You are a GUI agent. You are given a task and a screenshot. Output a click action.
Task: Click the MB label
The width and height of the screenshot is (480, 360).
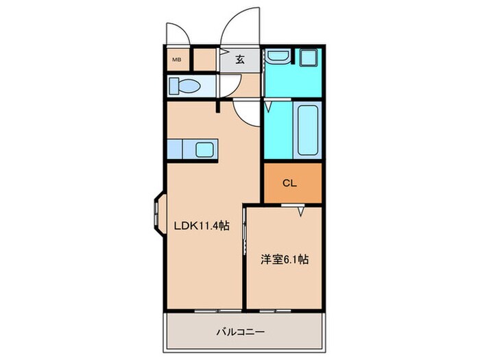(176, 58)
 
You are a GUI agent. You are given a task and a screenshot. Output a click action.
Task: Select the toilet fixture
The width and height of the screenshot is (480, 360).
(184, 86)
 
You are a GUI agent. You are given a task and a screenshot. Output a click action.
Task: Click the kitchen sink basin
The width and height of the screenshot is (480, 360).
(205, 148)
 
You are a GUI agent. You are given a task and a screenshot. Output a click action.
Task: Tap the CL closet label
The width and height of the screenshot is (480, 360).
(289, 183)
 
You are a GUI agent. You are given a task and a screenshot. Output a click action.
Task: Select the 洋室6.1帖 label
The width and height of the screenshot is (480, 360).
(284, 259)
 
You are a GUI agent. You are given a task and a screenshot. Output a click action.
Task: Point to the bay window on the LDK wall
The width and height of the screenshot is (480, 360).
(157, 216)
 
